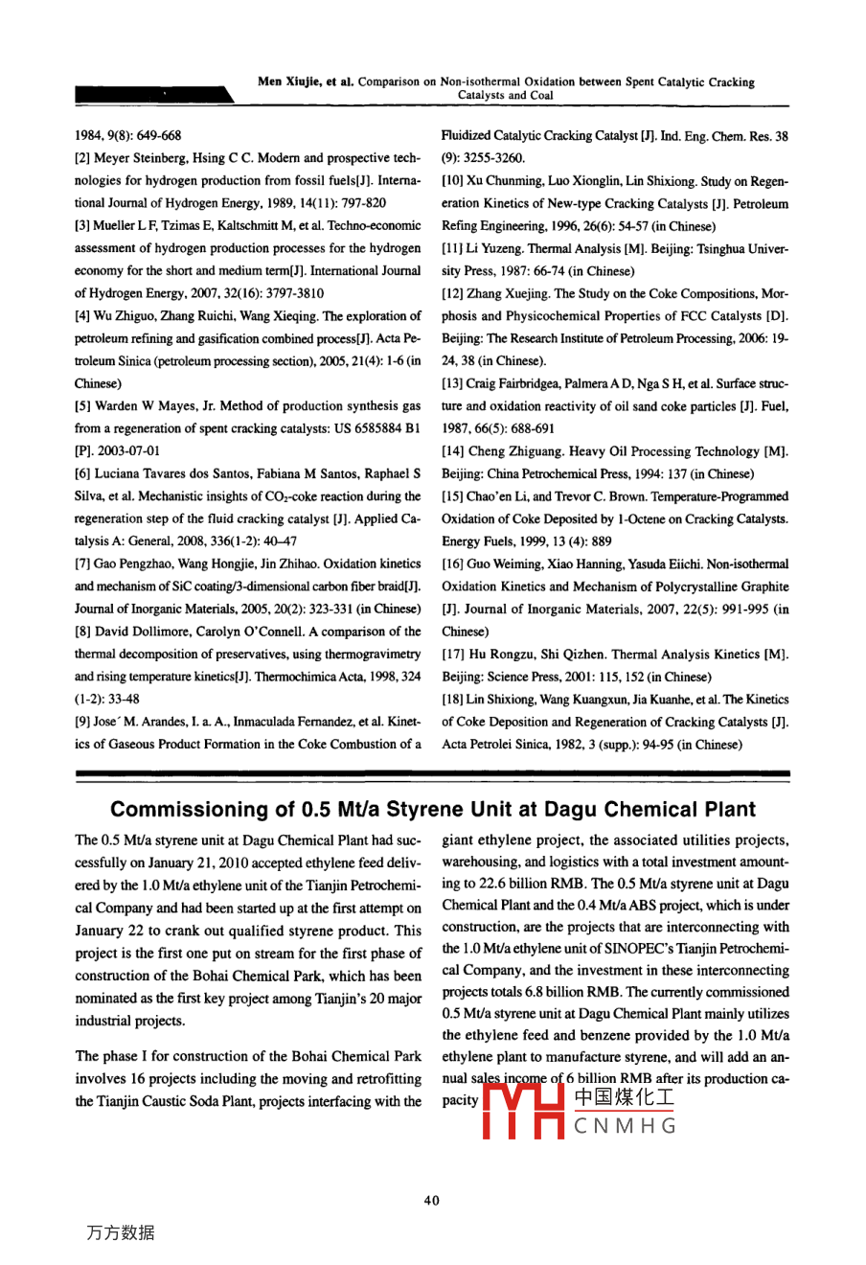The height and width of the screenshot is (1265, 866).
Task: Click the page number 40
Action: point(432,1201)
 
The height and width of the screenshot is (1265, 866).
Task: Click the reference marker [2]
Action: point(83,158)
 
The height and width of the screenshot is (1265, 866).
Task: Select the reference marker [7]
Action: point(83,564)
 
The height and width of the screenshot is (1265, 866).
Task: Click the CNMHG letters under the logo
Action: point(626,1126)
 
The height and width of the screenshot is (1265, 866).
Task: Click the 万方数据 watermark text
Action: point(121,1233)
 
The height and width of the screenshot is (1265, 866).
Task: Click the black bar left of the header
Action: point(153,94)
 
